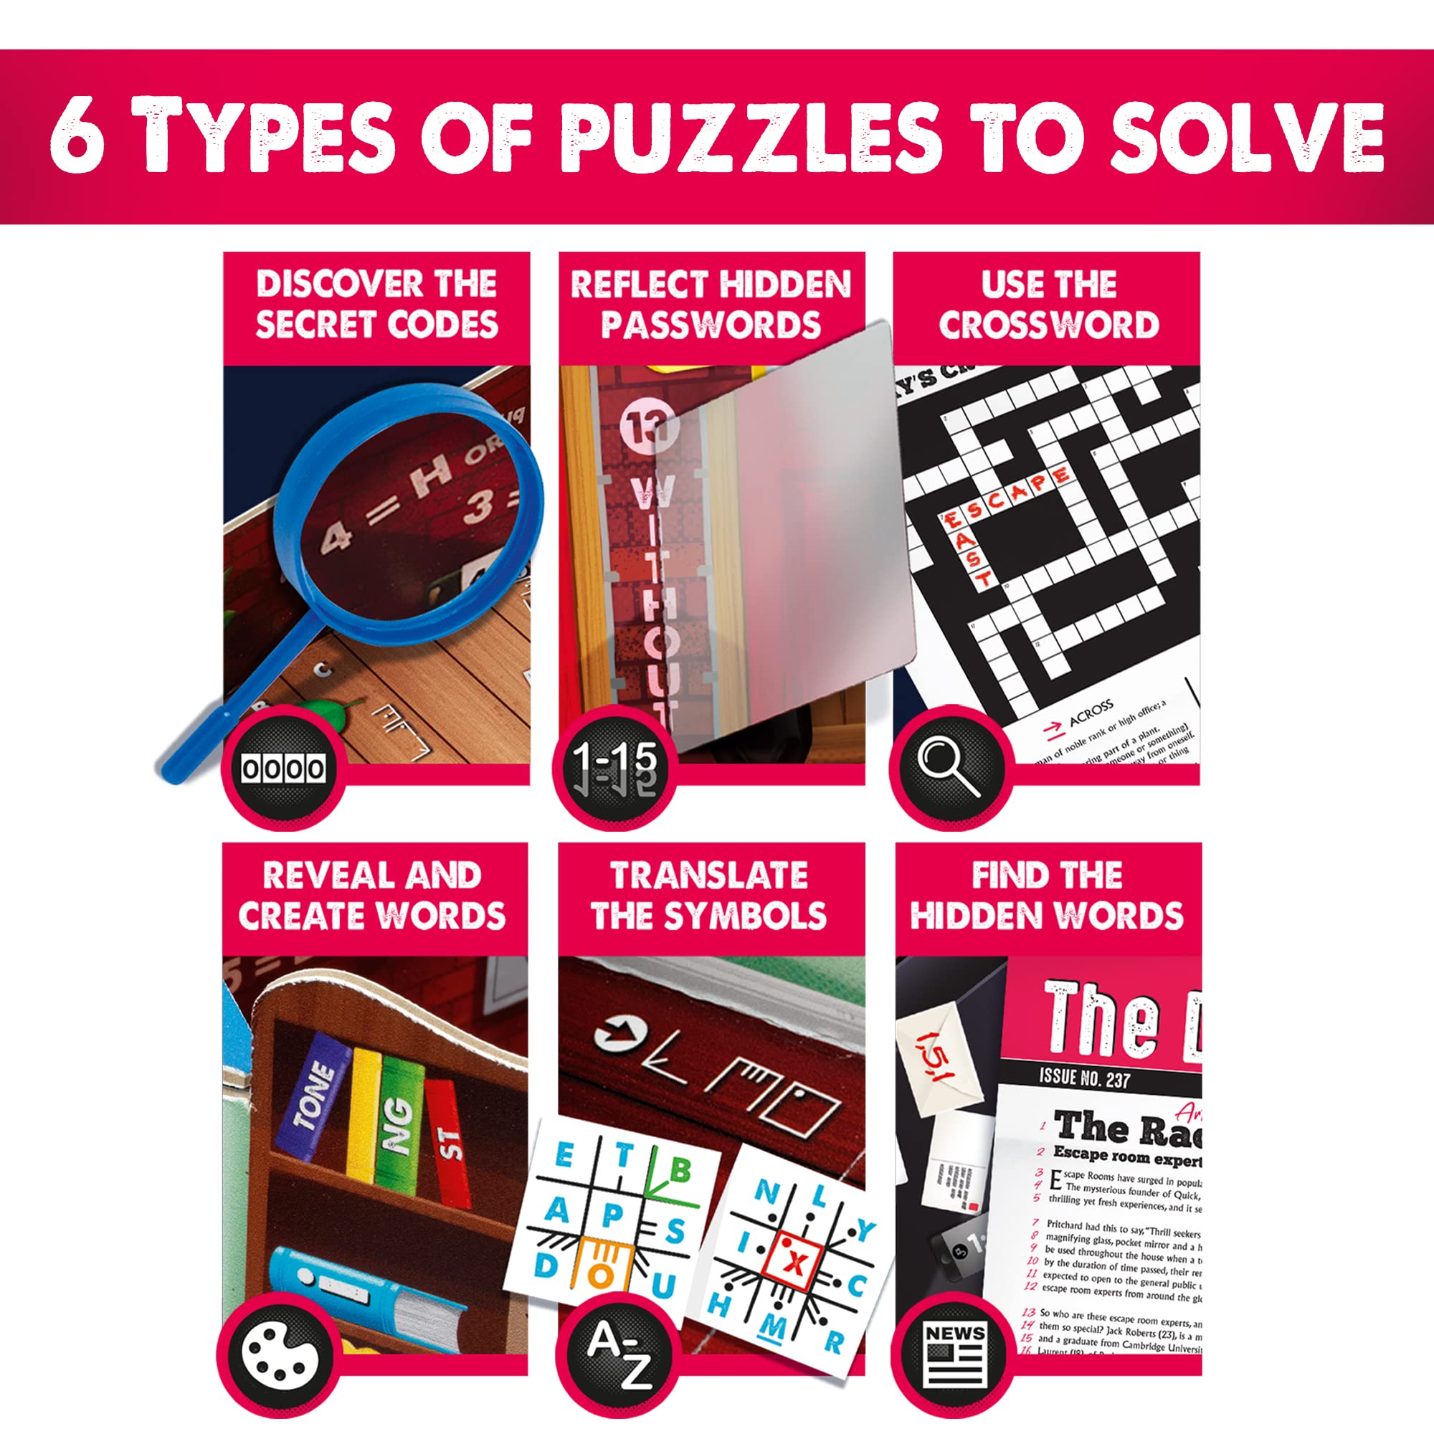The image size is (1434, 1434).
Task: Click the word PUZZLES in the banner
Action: (x=750, y=138)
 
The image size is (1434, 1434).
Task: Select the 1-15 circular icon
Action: (x=614, y=767)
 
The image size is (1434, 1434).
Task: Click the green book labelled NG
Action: (x=399, y=1114)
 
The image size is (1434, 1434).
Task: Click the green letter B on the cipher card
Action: (x=680, y=1172)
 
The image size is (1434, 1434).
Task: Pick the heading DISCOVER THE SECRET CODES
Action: (x=376, y=304)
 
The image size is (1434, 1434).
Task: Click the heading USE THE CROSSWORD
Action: (x=1048, y=304)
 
